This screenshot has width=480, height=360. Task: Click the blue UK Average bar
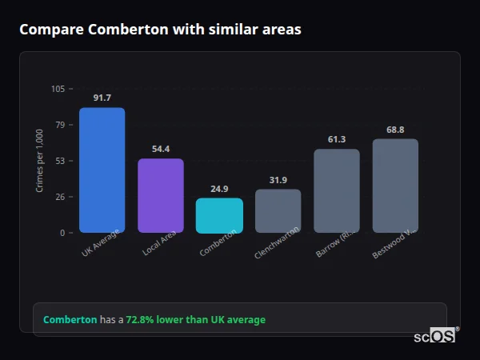[102, 170]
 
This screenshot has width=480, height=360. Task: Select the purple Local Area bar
[160, 196]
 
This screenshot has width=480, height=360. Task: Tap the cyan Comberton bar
[219, 216]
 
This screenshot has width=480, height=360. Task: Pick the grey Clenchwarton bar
[278, 211]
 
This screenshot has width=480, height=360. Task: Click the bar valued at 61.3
[337, 191]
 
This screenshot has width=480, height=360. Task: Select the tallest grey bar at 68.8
[395, 186]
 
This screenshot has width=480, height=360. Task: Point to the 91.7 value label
[102, 98]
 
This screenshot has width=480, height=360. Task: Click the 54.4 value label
[160, 149]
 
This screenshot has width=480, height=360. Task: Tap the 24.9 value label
[219, 189]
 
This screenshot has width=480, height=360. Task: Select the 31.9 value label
[278, 180]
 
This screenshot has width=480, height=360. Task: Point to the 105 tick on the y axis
[58, 89]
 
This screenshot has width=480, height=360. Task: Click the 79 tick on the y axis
[60, 125]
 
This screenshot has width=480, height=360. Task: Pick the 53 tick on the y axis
[60, 161]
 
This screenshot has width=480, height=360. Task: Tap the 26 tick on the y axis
[60, 197]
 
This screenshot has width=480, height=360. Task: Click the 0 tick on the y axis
[62, 233]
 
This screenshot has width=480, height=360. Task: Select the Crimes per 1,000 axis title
[39, 161]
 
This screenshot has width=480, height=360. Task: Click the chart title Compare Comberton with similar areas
[161, 30]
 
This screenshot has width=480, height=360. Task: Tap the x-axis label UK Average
[101, 245]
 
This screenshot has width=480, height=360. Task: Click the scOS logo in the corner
[435, 337]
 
